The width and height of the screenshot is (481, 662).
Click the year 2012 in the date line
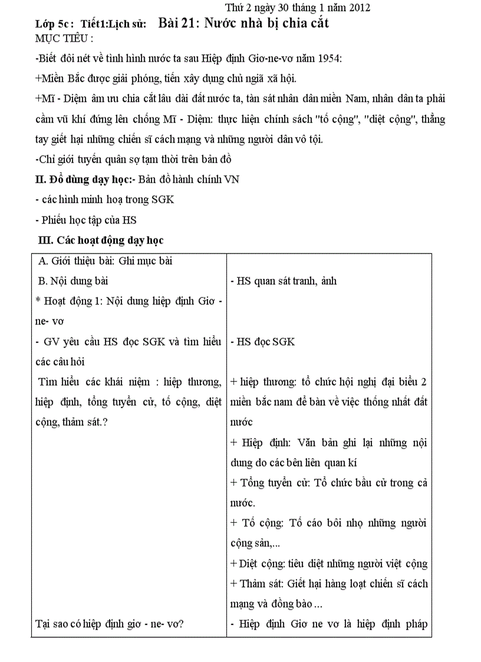tap(358, 8)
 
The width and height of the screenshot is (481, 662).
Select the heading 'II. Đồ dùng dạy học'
tap(84, 180)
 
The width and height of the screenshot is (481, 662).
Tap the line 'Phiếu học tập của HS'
tap(85, 220)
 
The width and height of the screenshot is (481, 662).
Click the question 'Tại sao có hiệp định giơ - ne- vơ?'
tap(110, 624)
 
